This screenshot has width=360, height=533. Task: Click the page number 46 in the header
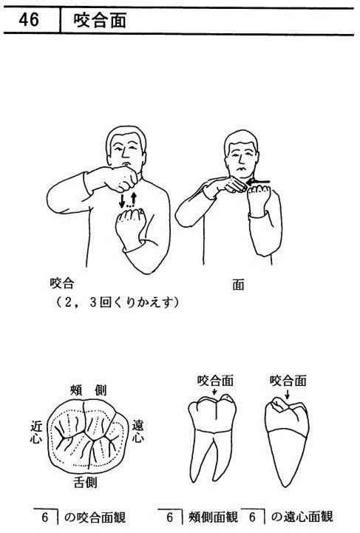tap(29, 20)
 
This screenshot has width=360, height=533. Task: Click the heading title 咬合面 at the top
tap(100, 21)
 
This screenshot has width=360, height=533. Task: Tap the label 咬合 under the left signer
tap(62, 283)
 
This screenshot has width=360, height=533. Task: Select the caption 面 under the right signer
tap(238, 285)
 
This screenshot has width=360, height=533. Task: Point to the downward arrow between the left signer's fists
tap(122, 200)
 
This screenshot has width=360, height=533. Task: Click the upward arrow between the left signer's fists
tap(134, 200)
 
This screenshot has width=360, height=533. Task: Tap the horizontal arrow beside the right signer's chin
tap(258, 182)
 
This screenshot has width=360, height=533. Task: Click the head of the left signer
tap(126, 146)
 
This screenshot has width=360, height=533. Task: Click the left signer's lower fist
tap(130, 223)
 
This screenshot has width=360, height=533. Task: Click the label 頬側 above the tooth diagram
tap(88, 390)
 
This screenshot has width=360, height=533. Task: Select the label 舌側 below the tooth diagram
tap(85, 482)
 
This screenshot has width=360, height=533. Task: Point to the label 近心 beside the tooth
tap(36, 432)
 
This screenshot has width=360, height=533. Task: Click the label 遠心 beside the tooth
tap(137, 431)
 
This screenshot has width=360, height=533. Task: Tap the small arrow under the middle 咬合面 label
tap(214, 392)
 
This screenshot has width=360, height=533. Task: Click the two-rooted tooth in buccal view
tap(212, 438)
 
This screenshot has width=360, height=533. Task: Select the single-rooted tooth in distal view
tap(287, 442)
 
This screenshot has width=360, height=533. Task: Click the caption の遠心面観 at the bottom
tap(302, 517)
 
